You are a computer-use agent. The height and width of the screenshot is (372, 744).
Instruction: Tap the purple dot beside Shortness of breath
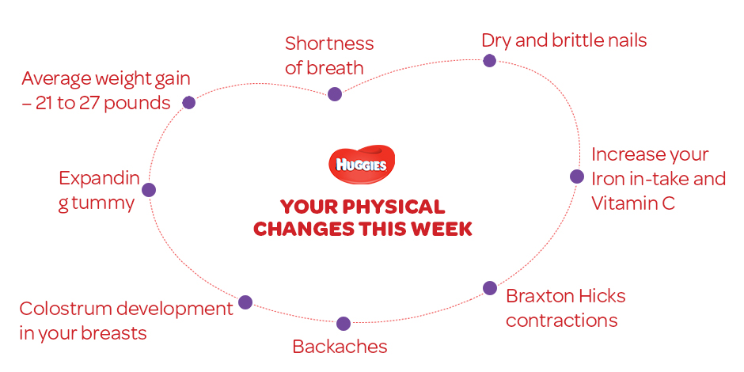(x=335, y=94)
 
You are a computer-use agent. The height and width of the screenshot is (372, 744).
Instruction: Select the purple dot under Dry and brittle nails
(x=489, y=61)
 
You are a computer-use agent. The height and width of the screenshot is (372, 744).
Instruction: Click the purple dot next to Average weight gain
(x=189, y=102)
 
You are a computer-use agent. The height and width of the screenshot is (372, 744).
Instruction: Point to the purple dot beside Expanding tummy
(x=149, y=190)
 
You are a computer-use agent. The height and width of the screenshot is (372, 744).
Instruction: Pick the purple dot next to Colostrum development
(x=245, y=302)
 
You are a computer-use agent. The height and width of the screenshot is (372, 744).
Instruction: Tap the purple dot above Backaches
(x=343, y=324)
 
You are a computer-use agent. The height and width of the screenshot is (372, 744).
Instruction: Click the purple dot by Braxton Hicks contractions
(x=490, y=288)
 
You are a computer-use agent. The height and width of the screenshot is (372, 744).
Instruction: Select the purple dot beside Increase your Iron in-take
(x=576, y=177)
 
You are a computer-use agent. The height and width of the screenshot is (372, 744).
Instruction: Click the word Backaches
(x=340, y=347)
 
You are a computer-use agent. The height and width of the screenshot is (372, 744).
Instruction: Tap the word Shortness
(x=329, y=44)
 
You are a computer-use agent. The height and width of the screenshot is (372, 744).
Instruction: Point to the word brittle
(x=578, y=40)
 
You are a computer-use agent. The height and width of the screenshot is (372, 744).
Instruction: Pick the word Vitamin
(x=621, y=203)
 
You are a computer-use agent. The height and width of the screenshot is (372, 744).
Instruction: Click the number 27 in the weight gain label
(x=86, y=103)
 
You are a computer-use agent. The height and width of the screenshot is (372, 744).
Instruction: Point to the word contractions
(x=562, y=321)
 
